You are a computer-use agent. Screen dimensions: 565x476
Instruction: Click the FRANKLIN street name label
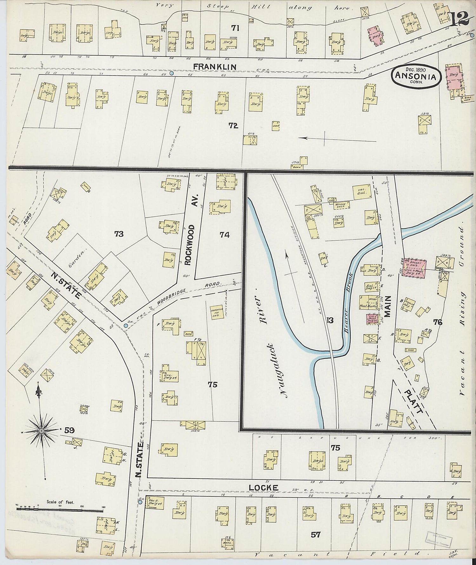[215, 67]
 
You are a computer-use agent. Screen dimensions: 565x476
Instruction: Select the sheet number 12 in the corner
[459, 20]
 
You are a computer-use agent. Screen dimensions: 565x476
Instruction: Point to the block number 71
[235, 28]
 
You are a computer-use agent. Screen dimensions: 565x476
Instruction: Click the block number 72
[233, 126]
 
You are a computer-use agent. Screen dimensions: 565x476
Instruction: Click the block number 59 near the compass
[69, 431]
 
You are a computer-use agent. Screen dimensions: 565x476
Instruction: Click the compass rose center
[41, 431]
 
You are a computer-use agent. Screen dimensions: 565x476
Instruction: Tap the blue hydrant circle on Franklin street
[172, 73]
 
